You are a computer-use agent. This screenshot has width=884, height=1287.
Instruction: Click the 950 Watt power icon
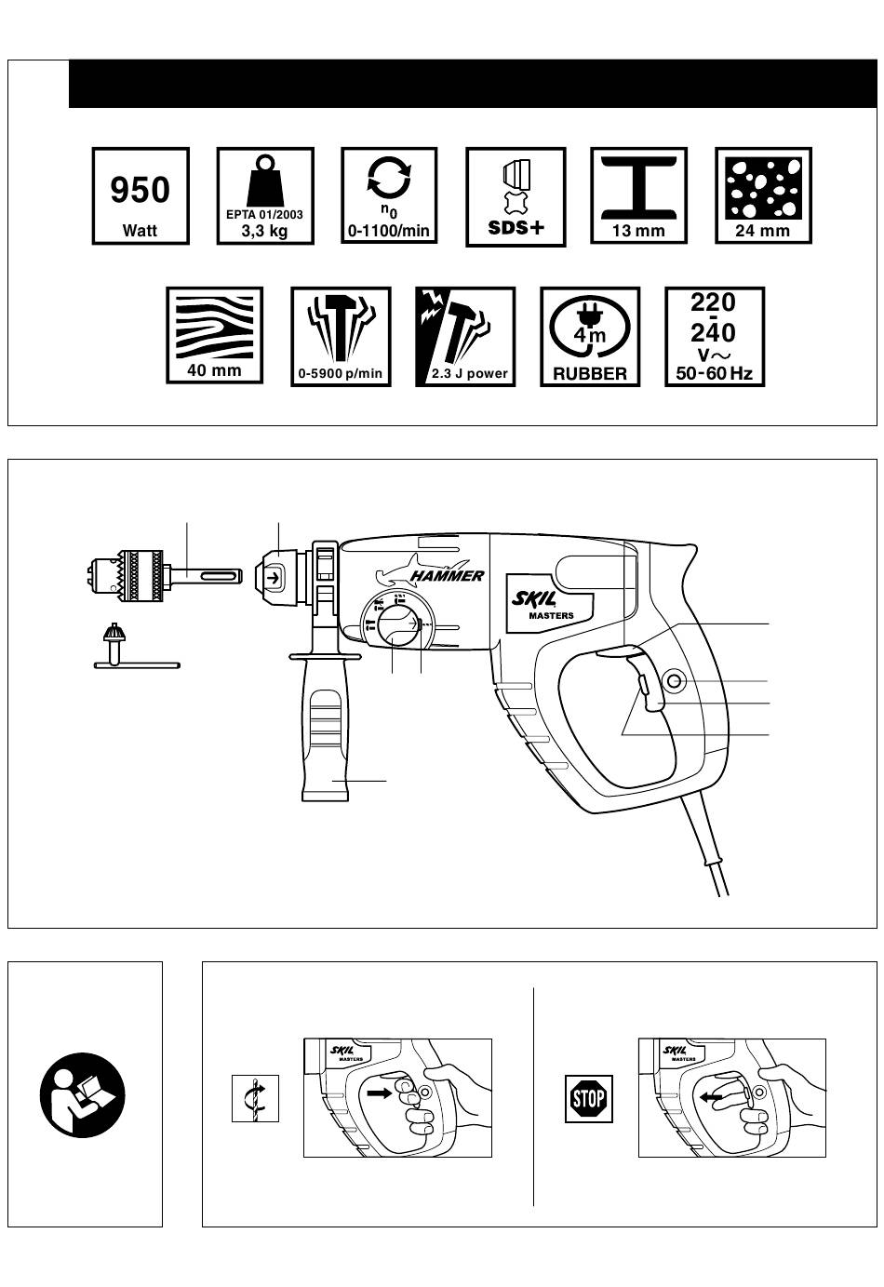tap(141, 196)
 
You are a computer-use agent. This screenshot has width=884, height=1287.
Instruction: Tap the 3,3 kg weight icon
tap(265, 196)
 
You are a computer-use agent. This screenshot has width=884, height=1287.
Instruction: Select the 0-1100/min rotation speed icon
tap(389, 196)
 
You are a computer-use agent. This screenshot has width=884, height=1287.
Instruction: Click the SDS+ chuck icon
tap(516, 197)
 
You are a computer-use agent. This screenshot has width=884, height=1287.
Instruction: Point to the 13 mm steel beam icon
tap(638, 196)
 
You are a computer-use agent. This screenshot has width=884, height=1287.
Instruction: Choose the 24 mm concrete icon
tap(763, 196)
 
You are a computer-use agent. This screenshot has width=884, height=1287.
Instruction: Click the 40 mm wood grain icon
tap(214, 336)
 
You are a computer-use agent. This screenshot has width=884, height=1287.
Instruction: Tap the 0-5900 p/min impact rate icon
tap(341, 336)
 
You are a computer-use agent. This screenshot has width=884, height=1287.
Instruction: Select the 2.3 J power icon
tap(465, 336)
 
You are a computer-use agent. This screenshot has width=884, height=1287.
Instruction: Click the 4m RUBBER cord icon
tap(590, 336)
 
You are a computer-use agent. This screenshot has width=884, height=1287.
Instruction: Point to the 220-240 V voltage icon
tap(715, 336)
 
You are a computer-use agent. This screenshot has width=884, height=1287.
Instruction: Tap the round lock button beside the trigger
tap(674, 684)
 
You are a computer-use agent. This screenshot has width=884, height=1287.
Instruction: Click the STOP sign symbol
tap(589, 1099)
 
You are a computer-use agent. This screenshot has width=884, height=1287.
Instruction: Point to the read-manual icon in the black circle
tap(82, 1094)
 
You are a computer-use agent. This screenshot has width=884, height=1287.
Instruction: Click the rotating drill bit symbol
tap(255, 1098)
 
